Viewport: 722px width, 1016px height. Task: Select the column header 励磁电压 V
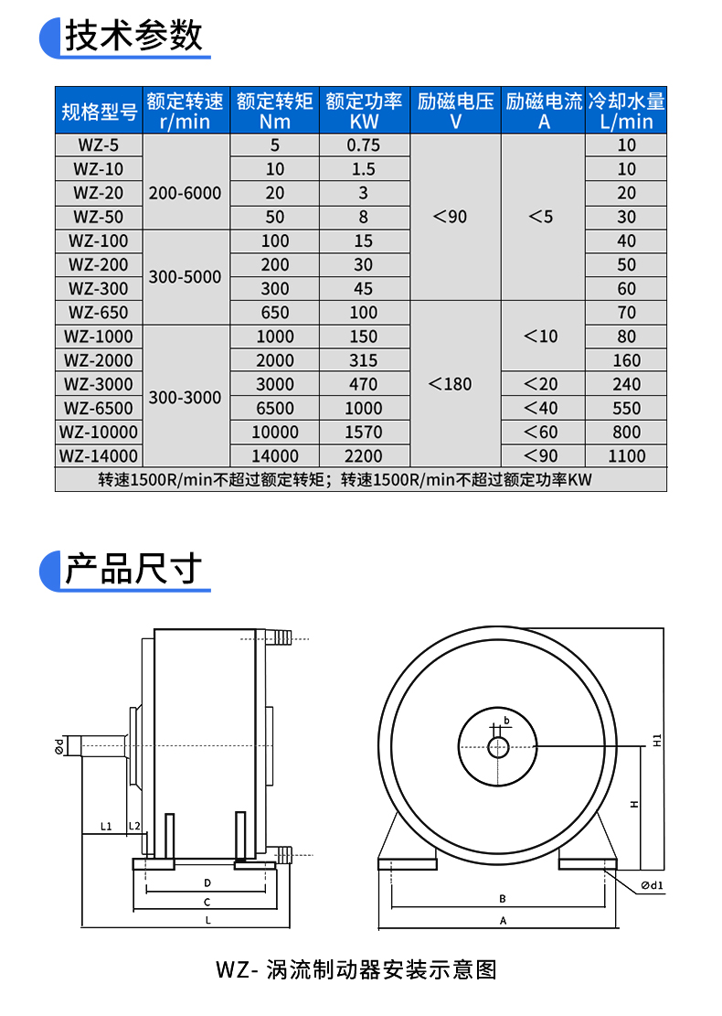[455, 111]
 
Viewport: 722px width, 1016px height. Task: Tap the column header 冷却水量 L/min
[625, 111]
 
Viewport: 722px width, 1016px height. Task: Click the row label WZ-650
[99, 313]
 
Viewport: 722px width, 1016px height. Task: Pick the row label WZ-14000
[99, 455]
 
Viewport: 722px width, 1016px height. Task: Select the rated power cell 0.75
[363, 145]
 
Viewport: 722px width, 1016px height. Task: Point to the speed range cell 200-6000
[185, 193]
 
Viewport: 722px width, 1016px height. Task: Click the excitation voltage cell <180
[451, 384]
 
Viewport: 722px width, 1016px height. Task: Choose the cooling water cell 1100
[625, 455]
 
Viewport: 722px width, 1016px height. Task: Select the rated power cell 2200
[363, 455]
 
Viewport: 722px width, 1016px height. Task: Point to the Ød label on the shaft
[59, 747]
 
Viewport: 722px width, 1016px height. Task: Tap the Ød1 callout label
[652, 884]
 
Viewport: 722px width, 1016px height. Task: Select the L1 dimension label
[105, 827]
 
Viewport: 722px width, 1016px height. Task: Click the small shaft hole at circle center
[498, 748]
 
